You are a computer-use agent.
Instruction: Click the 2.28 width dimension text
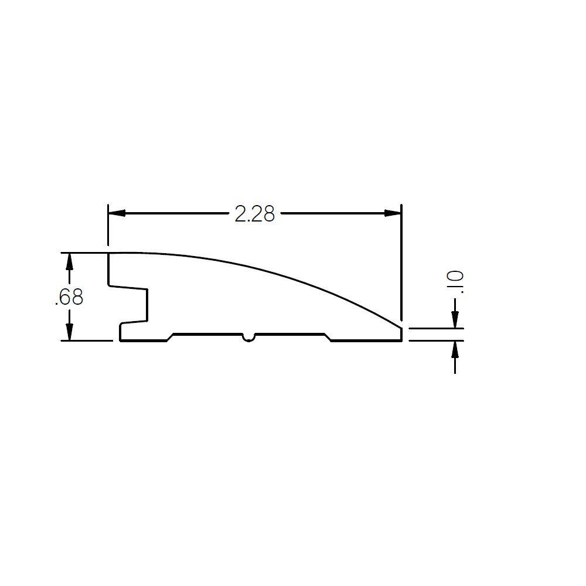254,214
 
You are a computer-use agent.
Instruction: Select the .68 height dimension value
69,298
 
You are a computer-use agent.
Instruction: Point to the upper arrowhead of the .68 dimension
70,261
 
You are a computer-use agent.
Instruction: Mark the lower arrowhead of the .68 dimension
70,332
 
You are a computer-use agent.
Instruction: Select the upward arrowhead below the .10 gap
455,349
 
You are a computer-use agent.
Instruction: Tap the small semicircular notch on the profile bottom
249,338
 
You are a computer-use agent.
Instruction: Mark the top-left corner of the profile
109,254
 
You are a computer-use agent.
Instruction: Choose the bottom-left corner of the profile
121,339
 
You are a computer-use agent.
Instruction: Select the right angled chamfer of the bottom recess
328,337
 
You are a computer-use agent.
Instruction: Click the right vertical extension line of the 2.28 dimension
401,264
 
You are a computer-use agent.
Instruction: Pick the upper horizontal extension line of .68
85,253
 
